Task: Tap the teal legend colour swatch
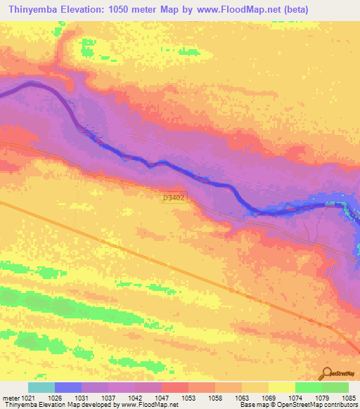click(x=41, y=387)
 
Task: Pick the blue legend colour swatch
click(x=68, y=387)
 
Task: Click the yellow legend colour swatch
click(x=282, y=387)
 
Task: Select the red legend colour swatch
click(x=175, y=387)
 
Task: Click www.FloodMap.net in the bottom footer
click(x=150, y=405)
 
